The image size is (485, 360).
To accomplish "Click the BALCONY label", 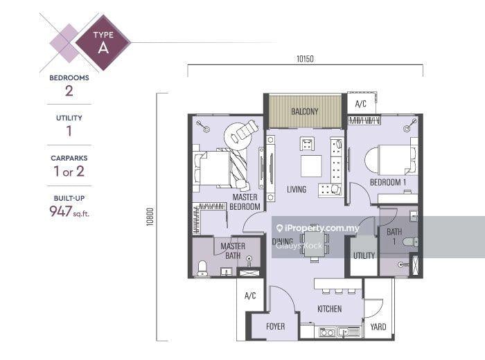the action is coord(305,111).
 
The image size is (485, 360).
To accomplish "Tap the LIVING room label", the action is coord(297,189).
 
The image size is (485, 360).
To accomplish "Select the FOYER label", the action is coord(275,326).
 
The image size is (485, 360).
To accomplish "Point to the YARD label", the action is coord(378,327).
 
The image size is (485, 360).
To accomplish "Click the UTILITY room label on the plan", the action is coord(364,255).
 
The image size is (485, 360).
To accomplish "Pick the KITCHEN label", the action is coord(329,309).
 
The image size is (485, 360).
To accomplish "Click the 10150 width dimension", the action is coord(305,59).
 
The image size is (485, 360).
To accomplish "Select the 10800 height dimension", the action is coord(150,217).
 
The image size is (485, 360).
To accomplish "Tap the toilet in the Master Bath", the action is coord(202,268).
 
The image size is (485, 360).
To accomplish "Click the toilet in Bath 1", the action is coord(411,242).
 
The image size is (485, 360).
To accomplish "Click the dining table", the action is coord(315,244).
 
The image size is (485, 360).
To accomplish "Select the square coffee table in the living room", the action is coord(311,166).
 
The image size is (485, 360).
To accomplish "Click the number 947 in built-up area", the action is coord(61,211).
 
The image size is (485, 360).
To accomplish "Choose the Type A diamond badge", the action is coord(103,42).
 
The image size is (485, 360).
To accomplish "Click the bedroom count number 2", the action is coord(69,91).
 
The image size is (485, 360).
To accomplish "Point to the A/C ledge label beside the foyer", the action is coord(250,296).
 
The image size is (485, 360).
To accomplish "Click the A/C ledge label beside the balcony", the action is coord(361,104).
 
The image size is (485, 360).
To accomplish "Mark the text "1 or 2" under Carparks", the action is coord(69,171).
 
